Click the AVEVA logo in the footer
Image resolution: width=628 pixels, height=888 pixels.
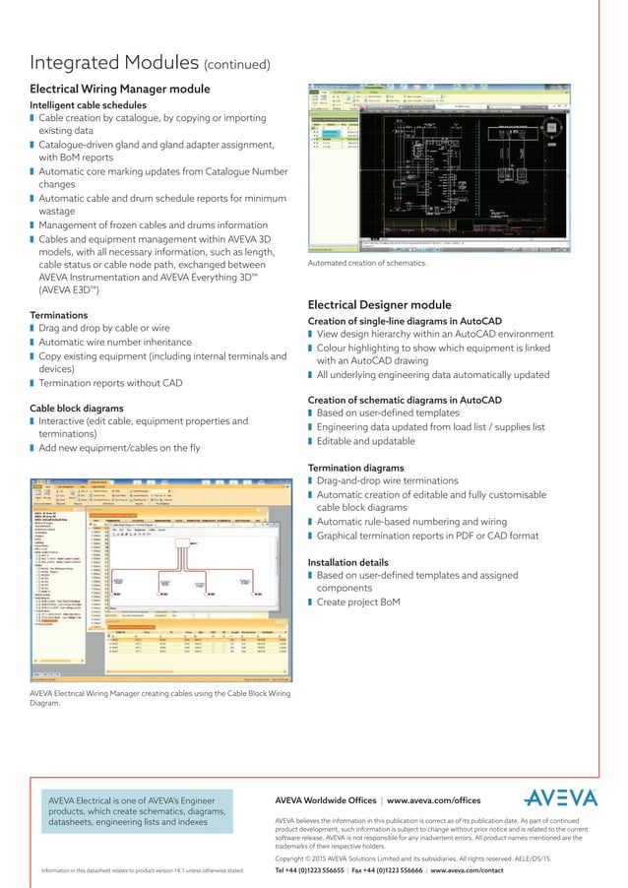tap(560, 796)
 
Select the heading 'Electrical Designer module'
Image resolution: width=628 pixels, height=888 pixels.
tap(379, 305)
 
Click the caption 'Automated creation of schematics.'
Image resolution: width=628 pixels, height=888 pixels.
tap(367, 264)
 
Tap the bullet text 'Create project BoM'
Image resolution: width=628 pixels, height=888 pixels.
tap(366, 602)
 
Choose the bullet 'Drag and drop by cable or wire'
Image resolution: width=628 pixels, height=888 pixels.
tap(105, 329)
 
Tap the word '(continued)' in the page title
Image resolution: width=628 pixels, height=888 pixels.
tap(237, 66)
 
